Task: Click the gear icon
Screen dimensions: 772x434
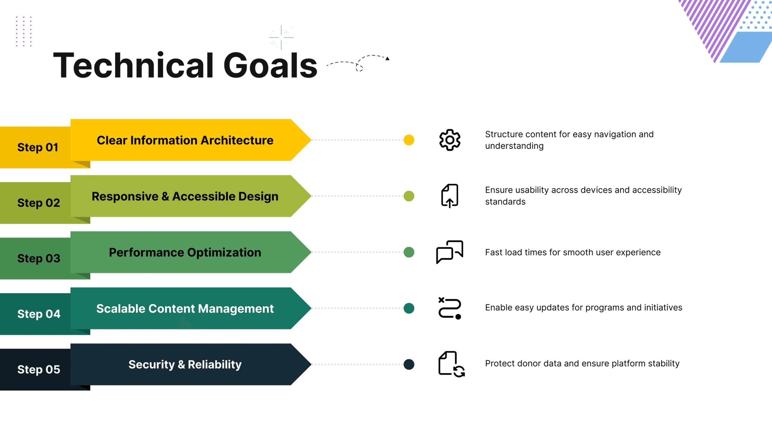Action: [450, 140]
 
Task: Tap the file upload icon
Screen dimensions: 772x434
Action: [450, 196]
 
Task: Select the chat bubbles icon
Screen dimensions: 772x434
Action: [450, 252]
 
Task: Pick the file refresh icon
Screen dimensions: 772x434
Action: [451, 364]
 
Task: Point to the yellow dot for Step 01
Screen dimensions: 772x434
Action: [409, 140]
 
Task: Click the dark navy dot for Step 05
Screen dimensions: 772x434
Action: [409, 364]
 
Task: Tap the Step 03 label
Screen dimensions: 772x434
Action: [39, 259]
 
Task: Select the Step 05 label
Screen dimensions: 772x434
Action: [39, 370]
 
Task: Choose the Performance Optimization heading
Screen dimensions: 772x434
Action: [185, 253]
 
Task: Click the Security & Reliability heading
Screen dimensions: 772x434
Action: [185, 365]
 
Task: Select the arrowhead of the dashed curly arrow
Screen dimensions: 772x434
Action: [388, 58]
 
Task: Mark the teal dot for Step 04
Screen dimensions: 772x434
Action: [409, 308]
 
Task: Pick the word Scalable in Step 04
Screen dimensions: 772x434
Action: [120, 309]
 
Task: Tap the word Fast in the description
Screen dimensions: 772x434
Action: [494, 252]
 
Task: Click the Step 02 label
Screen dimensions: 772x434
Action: [39, 203]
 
